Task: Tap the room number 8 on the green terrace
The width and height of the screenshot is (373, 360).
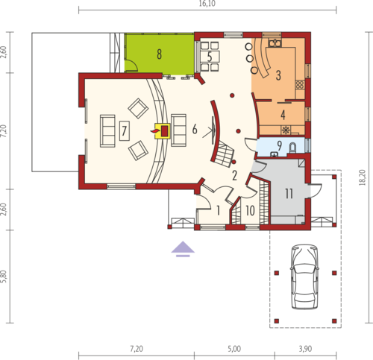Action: [x=159, y=54]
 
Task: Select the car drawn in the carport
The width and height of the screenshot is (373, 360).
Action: [x=304, y=277]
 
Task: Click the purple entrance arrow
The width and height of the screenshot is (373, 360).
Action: [x=183, y=249]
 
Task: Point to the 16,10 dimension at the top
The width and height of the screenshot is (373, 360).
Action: [x=207, y=4]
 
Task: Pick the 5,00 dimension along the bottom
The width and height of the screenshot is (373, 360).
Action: [x=234, y=349]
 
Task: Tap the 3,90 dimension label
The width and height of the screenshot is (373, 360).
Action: [x=305, y=349]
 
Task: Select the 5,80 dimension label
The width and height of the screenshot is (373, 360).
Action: [x=3, y=277]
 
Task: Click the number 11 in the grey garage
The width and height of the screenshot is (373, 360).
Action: [x=289, y=194]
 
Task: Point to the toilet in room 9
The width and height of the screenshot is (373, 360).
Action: [x=292, y=148]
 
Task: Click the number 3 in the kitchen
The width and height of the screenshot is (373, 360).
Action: [x=278, y=75]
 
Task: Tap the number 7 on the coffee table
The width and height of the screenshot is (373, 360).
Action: [x=124, y=130]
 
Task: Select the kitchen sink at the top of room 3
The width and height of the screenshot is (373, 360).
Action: [x=275, y=43]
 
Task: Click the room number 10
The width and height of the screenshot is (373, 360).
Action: [x=250, y=211]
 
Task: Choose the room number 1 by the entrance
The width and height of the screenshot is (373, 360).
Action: [x=219, y=211]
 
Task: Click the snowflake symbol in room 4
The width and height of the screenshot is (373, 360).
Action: [x=285, y=130]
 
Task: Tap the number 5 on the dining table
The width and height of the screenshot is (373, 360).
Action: [x=210, y=57]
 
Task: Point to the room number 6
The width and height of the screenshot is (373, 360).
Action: [x=195, y=130]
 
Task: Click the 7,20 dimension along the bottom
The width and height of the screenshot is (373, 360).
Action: [x=137, y=349]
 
